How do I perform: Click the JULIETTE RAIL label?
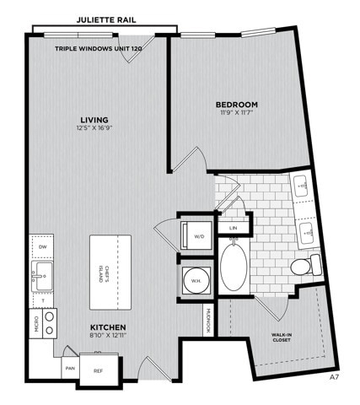click(x=106, y=20)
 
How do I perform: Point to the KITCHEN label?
click(x=108, y=327)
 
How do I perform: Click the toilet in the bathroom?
click(x=305, y=265)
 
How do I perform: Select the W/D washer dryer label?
click(x=199, y=236)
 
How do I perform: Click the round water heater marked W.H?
click(x=196, y=280)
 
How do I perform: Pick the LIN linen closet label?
click(x=233, y=228)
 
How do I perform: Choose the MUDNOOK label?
click(x=208, y=321)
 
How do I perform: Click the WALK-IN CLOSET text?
click(x=281, y=337)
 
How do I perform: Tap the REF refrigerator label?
click(x=98, y=370)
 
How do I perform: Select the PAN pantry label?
click(x=70, y=368)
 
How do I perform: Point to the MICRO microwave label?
click(x=36, y=324)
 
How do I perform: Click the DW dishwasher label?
click(x=43, y=247)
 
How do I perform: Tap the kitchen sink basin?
click(x=42, y=277)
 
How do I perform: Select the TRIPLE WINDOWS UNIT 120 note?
click(x=98, y=49)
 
